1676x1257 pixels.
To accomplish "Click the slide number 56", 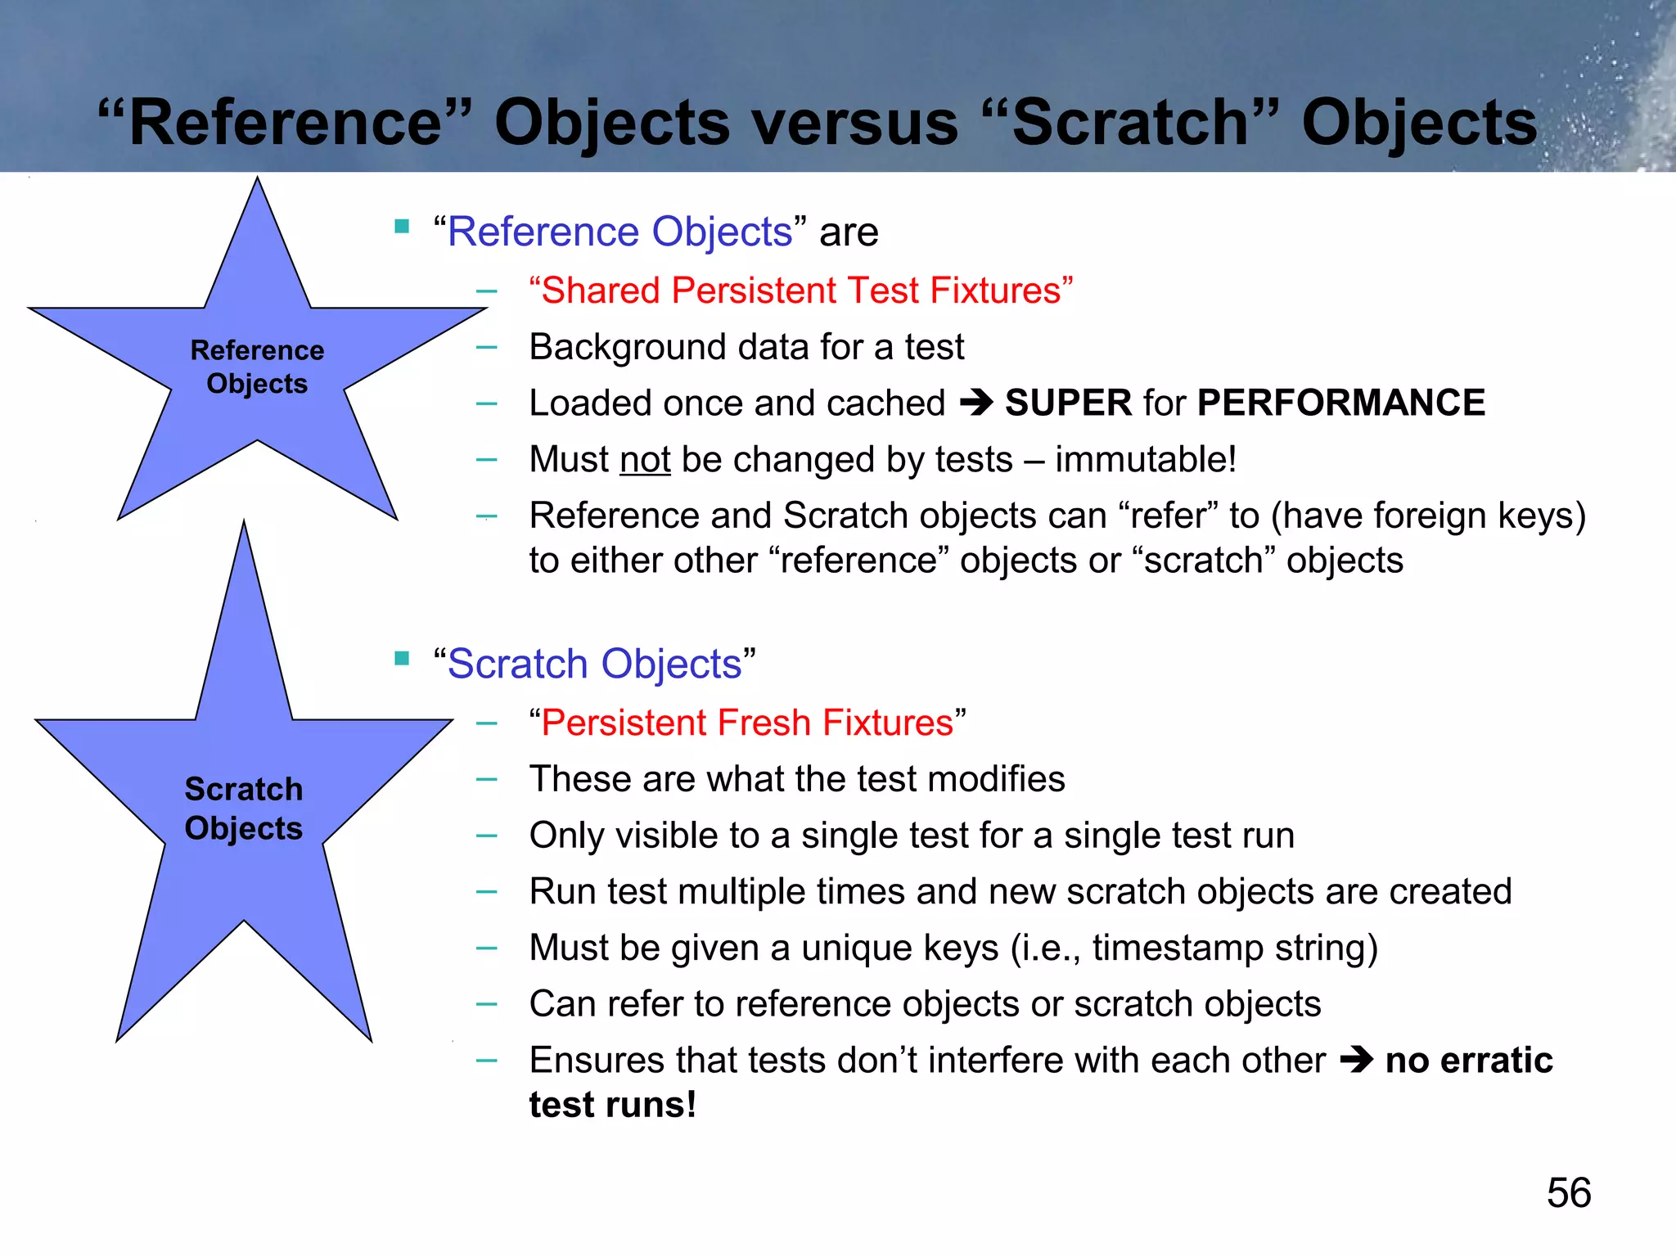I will click(x=1568, y=1192).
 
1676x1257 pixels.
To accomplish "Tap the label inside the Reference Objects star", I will click(x=257, y=367).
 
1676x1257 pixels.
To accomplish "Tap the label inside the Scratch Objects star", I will click(x=244, y=809).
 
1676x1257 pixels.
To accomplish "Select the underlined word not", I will click(x=645, y=459).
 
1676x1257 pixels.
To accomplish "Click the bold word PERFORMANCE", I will click(x=1340, y=403).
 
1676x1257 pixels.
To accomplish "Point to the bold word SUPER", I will click(x=1068, y=403).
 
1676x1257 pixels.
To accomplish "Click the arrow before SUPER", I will click(x=975, y=403).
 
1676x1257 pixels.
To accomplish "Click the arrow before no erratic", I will click(x=1356, y=1061).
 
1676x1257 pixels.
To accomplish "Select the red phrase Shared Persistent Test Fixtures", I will click(x=800, y=291).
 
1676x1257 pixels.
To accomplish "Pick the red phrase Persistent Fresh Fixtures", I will click(x=747, y=723).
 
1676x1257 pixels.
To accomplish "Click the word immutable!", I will click(x=1146, y=459).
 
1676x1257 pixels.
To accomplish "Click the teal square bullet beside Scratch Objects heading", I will click(x=402, y=659).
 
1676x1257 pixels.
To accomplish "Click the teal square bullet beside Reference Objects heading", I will click(x=402, y=227).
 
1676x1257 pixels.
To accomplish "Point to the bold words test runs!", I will click(x=613, y=1105).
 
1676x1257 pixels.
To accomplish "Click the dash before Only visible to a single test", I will click(x=487, y=836).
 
